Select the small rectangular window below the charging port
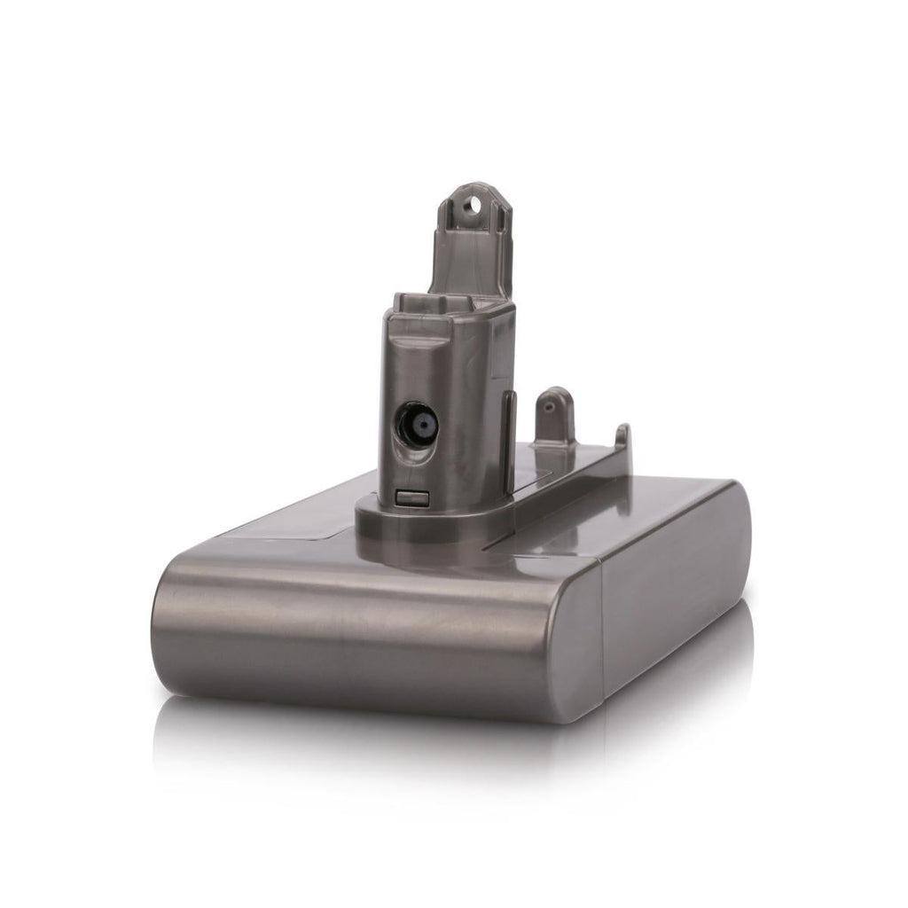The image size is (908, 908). tap(409, 498)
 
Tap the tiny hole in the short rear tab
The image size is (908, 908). tap(549, 402)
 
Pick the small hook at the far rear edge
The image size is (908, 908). tap(622, 435)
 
